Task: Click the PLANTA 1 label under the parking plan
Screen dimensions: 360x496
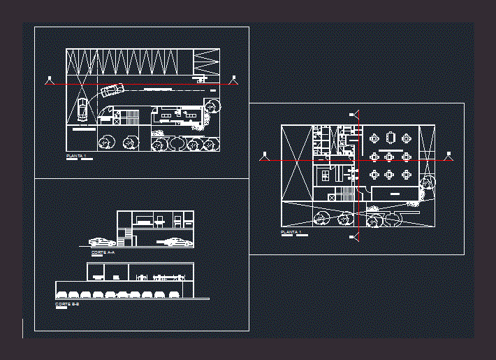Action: pos(75,155)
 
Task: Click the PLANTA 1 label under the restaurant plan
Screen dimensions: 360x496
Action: pos(291,231)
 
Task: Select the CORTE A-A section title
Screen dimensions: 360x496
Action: pos(103,252)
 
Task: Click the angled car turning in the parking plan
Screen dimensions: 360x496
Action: pos(111,90)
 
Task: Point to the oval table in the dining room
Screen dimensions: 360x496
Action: pos(391,137)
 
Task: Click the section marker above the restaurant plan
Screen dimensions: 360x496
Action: pos(355,114)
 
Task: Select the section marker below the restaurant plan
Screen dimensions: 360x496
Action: pos(355,238)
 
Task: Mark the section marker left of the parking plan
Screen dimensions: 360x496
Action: pos(49,80)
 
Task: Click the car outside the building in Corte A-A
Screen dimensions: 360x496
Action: pos(102,242)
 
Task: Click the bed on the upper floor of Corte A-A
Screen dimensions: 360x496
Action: pos(145,222)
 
